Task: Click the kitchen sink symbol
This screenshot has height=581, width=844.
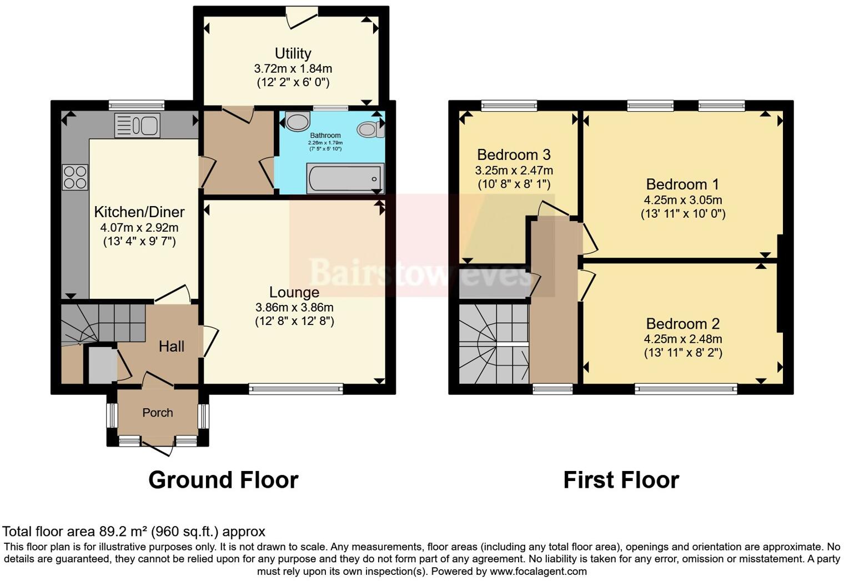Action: point(137,125)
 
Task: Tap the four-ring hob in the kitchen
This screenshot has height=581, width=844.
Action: point(76,178)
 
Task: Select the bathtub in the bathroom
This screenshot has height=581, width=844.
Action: point(345,178)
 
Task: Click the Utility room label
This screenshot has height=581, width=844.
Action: point(293,53)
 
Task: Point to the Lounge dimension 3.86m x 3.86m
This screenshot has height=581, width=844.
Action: point(294,307)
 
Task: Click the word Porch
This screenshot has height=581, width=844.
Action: point(158,413)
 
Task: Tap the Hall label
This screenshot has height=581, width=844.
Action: point(171,347)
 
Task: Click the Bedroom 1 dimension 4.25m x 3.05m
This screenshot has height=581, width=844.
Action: point(683,200)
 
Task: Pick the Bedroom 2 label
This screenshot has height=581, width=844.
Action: point(683,324)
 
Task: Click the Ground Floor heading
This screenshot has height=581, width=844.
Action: point(223,480)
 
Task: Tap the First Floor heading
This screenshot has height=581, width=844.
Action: point(621,480)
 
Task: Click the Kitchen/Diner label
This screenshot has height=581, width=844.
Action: point(139,212)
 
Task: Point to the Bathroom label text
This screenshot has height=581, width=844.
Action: point(325,136)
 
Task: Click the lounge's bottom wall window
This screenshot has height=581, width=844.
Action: point(296,389)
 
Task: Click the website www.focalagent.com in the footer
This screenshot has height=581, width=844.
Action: point(537,571)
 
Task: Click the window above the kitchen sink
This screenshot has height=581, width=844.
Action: point(137,105)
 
